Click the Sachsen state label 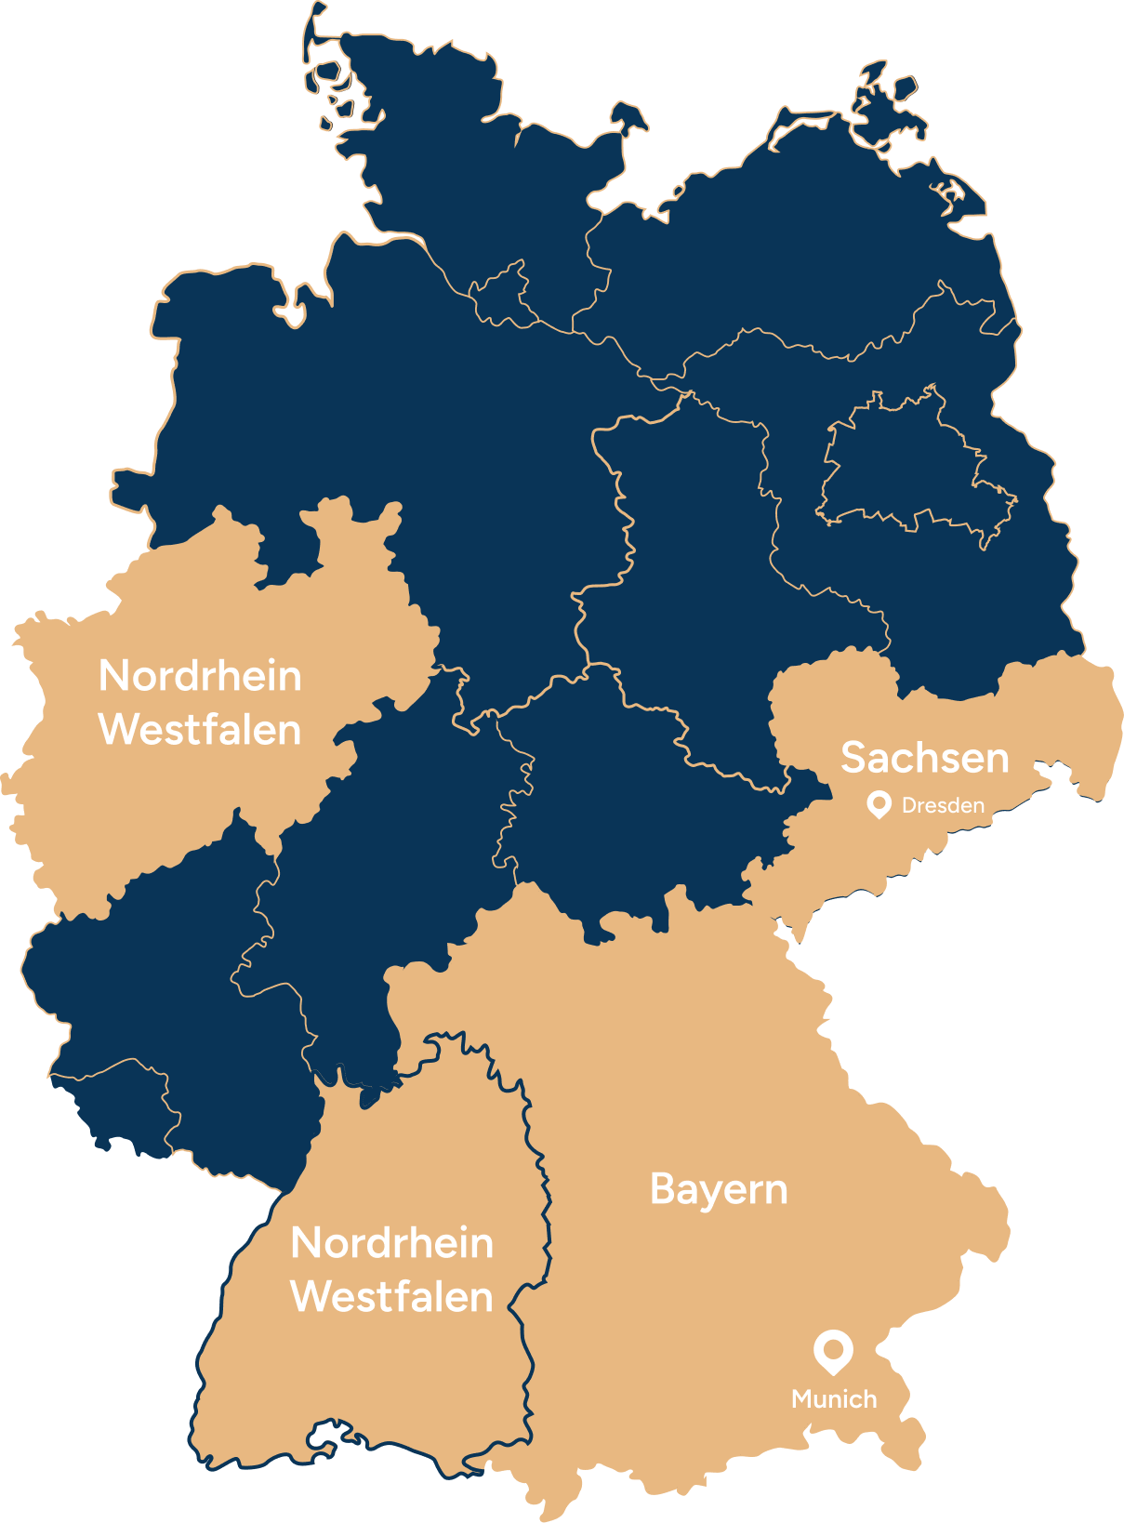pyautogui.click(x=924, y=758)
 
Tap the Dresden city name pyautogui.click(x=943, y=805)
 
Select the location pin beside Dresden pyautogui.click(x=879, y=804)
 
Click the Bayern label pyautogui.click(x=719, y=1189)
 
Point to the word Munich pyautogui.click(x=834, y=1398)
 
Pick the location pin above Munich pyautogui.click(x=833, y=1351)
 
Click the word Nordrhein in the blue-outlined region pyautogui.click(x=391, y=1243)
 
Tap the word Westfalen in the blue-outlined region pyautogui.click(x=391, y=1297)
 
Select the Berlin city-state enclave pyautogui.click(x=916, y=465)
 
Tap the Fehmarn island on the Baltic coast pyautogui.click(x=628, y=115)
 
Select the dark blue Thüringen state pyautogui.click(x=632, y=800)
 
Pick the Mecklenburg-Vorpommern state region pyautogui.click(x=790, y=242)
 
